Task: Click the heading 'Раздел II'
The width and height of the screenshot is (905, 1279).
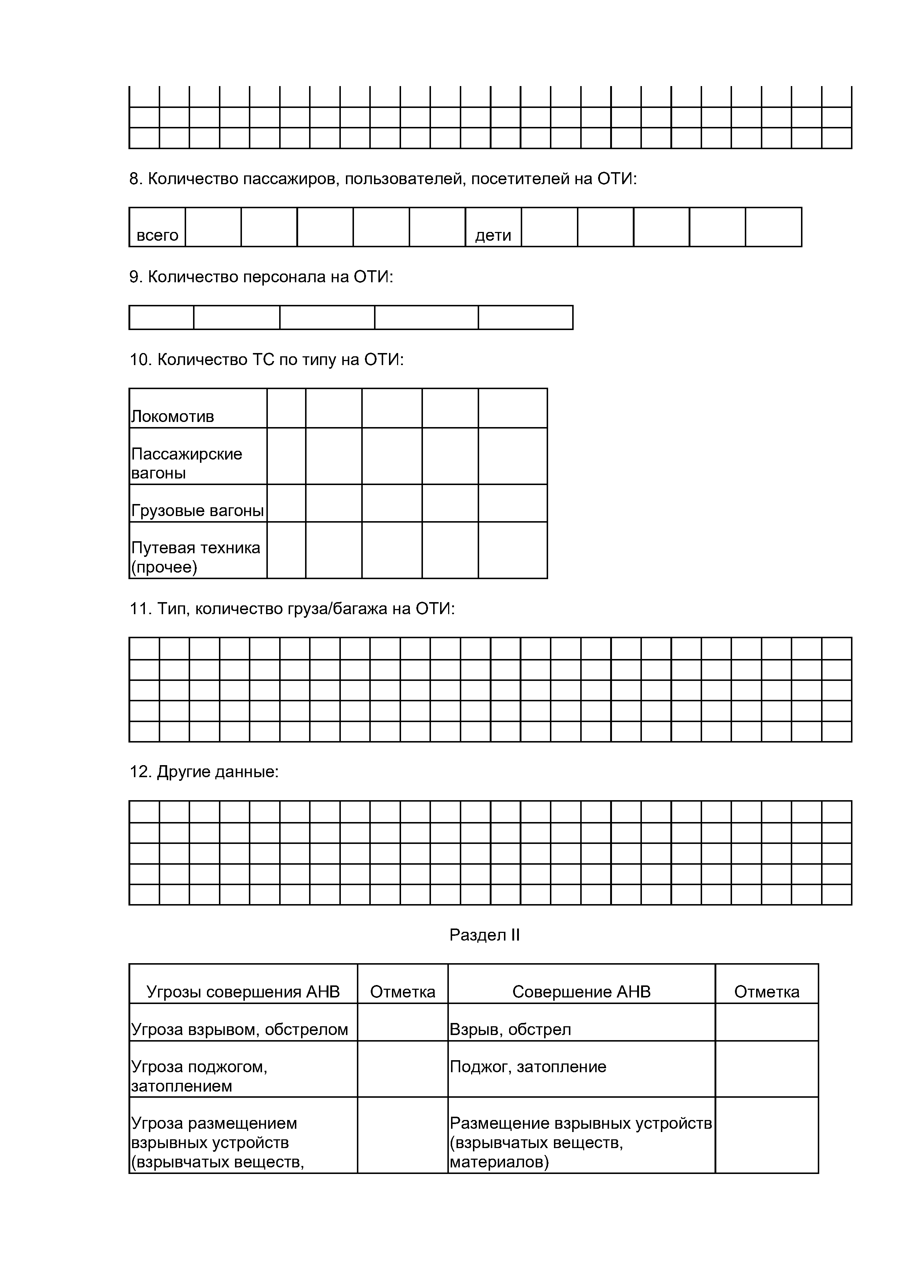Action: [x=484, y=934]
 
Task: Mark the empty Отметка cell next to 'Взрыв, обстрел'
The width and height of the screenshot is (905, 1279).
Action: [x=766, y=1022]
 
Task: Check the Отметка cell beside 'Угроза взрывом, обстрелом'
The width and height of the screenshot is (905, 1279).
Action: [x=403, y=1022]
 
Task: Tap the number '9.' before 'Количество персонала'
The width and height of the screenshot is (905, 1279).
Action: [x=136, y=277]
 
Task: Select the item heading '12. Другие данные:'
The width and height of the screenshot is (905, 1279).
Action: [x=204, y=772]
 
